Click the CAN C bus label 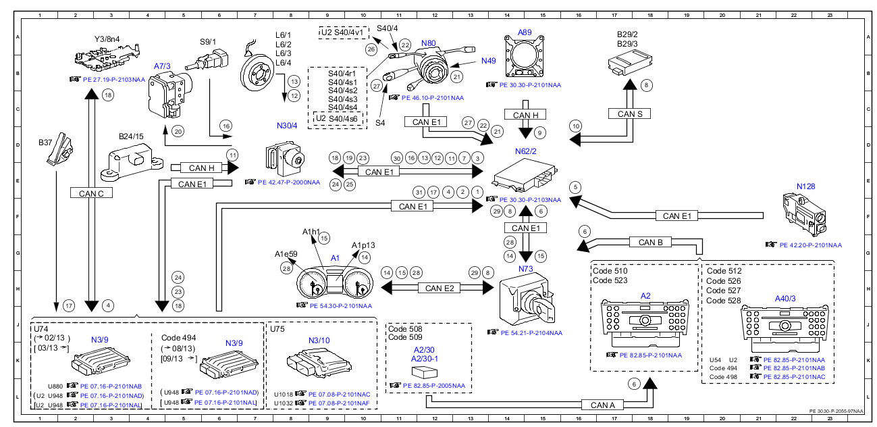(91, 193)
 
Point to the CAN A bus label (602, 405)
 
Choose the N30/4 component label (287, 125)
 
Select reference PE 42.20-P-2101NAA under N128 (809, 245)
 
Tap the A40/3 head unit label (786, 297)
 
